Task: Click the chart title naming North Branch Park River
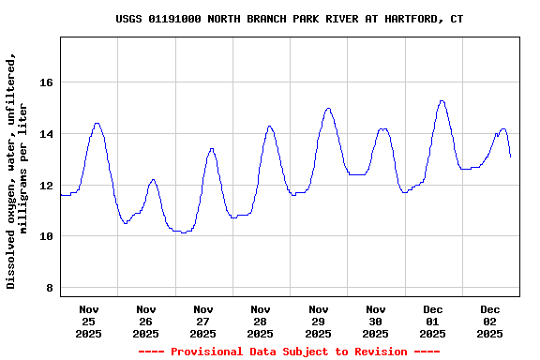coord(289,19)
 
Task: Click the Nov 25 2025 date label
coord(89,321)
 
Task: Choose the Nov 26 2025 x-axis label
coord(146,321)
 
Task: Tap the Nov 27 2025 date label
coord(203,321)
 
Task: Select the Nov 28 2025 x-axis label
coord(261,321)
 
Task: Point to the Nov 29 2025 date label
coord(319,321)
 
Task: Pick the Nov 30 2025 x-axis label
coord(376,321)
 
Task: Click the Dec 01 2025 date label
coord(433,321)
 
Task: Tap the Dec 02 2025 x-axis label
coord(490,321)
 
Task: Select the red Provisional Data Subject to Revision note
coord(289,352)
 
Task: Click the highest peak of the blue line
coord(442,100)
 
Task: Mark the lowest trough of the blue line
coord(184,232)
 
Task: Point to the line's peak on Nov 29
coord(328,108)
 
